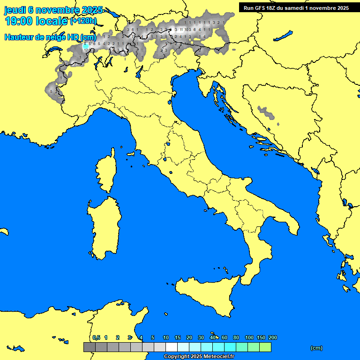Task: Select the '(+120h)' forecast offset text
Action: pyautogui.click(x=83, y=21)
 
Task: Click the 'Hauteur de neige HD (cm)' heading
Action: pyautogui.click(x=50, y=37)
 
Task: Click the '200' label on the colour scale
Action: pyautogui.click(x=272, y=337)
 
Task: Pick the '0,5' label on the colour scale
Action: pyautogui.click(x=96, y=337)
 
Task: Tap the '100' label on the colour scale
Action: pyautogui.click(x=249, y=337)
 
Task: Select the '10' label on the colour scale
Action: pyautogui.click(x=166, y=337)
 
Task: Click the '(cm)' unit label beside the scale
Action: pyautogui.click(x=316, y=348)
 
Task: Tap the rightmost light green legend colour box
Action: pyautogui.click(x=265, y=347)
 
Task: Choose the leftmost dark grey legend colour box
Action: pyautogui.click(x=89, y=347)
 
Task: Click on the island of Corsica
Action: pyautogui.click(x=105, y=173)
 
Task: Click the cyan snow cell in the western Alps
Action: pyautogui.click(x=85, y=46)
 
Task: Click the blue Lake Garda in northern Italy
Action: pyautogui.click(x=139, y=72)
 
